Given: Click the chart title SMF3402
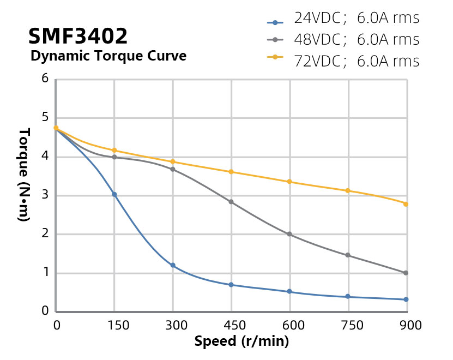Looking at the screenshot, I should [x=77, y=37].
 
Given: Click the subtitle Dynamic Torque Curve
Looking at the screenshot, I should [x=108, y=56].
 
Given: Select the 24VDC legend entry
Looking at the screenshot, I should [x=343, y=19].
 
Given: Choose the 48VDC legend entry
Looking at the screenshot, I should [x=343, y=40].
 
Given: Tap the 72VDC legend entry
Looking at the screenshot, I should [x=343, y=61].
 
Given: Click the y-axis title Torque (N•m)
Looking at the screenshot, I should [x=25, y=175].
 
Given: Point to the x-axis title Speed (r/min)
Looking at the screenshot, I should [x=241, y=342].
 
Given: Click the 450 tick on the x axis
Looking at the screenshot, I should [x=231, y=325].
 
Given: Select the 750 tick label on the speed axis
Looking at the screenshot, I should [x=348, y=325].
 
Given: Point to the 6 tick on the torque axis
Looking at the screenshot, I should [x=45, y=79].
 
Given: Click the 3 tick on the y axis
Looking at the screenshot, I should [x=45, y=195].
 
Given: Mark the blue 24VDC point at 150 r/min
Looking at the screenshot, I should [x=114, y=194].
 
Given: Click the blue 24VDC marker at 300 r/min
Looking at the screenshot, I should [x=173, y=265].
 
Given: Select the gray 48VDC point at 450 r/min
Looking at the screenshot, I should [x=231, y=202].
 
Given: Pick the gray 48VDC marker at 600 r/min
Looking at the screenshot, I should [x=289, y=234].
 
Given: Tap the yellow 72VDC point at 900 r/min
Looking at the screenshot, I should [x=406, y=204].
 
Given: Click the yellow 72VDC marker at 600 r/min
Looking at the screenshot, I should [x=289, y=182].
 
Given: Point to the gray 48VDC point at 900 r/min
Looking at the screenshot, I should [x=406, y=273].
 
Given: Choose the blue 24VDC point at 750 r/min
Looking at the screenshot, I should [x=347, y=297].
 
